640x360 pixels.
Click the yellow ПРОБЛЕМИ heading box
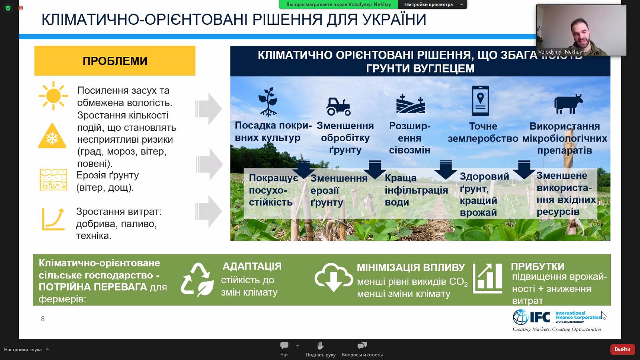[115, 61]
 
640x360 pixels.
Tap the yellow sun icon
[53, 96]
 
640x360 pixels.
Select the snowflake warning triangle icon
[52, 136]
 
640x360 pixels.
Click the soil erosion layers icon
[54, 180]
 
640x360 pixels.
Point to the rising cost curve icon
[54, 219]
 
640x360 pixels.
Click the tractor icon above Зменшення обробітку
[339, 106]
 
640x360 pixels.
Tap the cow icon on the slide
[568, 104]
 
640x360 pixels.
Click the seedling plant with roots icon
[268, 102]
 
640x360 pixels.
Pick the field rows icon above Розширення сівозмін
[410, 104]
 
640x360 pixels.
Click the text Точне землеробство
[483, 132]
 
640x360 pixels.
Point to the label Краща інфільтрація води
[416, 190]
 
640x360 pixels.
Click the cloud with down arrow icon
[334, 278]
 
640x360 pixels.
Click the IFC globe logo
[521, 317]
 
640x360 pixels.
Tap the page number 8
[43, 319]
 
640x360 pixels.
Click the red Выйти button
[622, 349]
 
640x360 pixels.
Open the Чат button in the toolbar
[284, 349]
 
